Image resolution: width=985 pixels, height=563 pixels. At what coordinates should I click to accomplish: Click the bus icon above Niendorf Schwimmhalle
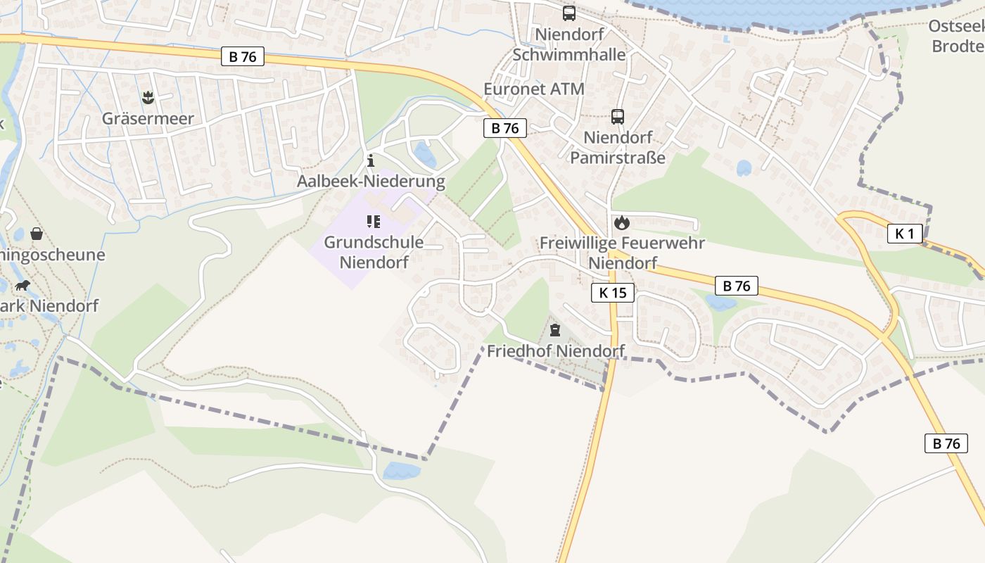[568, 13]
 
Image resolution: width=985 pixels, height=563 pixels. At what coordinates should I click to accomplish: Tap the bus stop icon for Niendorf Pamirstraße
[618, 117]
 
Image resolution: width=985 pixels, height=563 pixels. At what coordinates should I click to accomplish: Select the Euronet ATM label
[534, 89]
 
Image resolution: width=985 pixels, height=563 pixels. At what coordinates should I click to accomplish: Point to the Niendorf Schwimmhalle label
[569, 44]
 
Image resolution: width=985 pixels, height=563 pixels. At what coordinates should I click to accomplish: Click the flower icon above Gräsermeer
[148, 96]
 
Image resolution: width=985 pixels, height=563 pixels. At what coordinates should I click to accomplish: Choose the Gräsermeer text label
[148, 118]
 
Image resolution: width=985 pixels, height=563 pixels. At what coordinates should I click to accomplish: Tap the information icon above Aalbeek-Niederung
[371, 161]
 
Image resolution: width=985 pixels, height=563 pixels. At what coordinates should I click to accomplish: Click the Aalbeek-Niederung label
[371, 182]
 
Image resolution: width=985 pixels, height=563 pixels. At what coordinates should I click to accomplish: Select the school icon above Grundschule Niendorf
[374, 222]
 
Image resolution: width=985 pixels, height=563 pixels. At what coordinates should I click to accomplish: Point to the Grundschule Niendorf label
[374, 252]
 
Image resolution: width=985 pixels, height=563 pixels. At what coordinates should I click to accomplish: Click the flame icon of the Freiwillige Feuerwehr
[621, 223]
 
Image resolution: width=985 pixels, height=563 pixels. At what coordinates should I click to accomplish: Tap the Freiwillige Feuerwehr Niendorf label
[622, 253]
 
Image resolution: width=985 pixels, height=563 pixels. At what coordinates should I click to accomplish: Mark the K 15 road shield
[613, 293]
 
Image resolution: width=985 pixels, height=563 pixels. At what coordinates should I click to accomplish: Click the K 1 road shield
[904, 234]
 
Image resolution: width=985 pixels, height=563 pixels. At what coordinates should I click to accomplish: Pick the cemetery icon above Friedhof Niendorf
[555, 329]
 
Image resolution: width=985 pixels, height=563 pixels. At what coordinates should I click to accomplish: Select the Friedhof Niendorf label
[556, 350]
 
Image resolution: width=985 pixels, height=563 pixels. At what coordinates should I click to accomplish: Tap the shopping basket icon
[37, 234]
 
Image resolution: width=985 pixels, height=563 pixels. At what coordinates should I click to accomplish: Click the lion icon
[23, 286]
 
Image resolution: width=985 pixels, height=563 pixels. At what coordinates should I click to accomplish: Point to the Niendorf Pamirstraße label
[617, 147]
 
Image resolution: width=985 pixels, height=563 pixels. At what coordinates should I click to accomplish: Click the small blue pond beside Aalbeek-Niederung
[425, 153]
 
